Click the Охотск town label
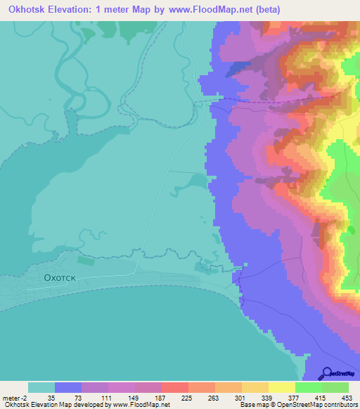[x=59, y=278]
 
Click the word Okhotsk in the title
[x=31, y=9]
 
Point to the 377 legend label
[x=295, y=397]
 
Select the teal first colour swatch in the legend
[x=41, y=387]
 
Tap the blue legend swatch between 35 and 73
[x=67, y=387]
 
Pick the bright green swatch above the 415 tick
[x=308, y=387]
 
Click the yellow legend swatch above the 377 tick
[x=281, y=387]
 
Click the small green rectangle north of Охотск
[x=86, y=261]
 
